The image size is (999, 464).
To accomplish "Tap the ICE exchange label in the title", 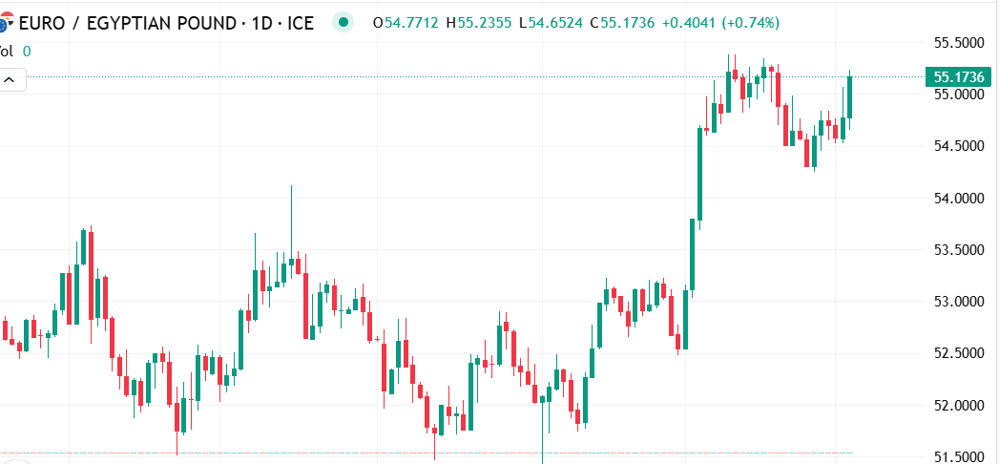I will click(300, 22).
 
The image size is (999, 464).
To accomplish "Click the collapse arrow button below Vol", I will click(11, 81).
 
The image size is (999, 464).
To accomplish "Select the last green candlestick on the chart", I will click(849, 97).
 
